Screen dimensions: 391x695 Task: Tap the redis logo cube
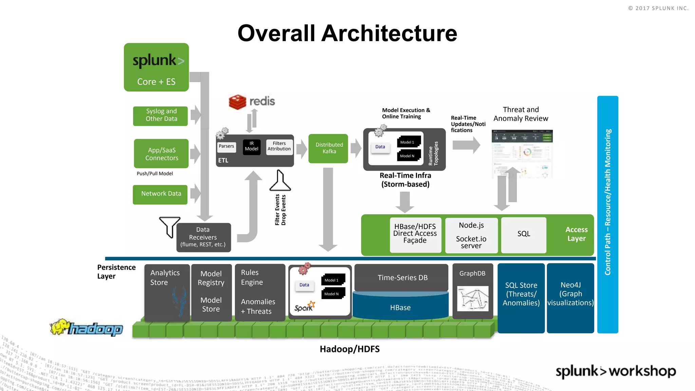pos(237,101)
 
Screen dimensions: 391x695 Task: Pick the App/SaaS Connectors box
pos(161,154)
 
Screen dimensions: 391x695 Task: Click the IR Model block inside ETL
pos(251,147)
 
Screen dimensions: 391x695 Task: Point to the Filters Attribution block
pos(279,147)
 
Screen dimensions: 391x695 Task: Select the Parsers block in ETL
pos(226,147)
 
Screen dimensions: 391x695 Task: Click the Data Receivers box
pos(203,237)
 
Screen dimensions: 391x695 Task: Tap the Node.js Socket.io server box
pos(471,235)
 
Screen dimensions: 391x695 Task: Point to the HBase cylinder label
pos(400,308)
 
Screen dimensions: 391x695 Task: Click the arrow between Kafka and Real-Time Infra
pos(356,148)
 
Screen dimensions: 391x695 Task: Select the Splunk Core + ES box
pos(156,67)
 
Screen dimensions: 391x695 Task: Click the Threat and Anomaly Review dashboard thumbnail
pos(522,153)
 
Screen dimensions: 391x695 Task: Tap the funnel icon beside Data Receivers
pos(169,226)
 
